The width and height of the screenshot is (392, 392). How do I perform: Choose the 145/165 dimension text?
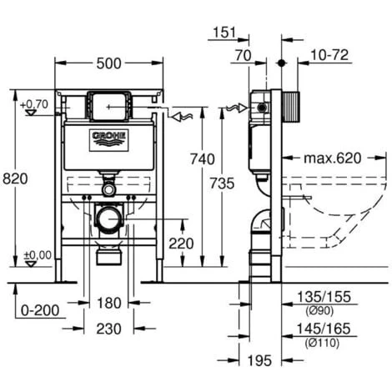coord(326,331)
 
